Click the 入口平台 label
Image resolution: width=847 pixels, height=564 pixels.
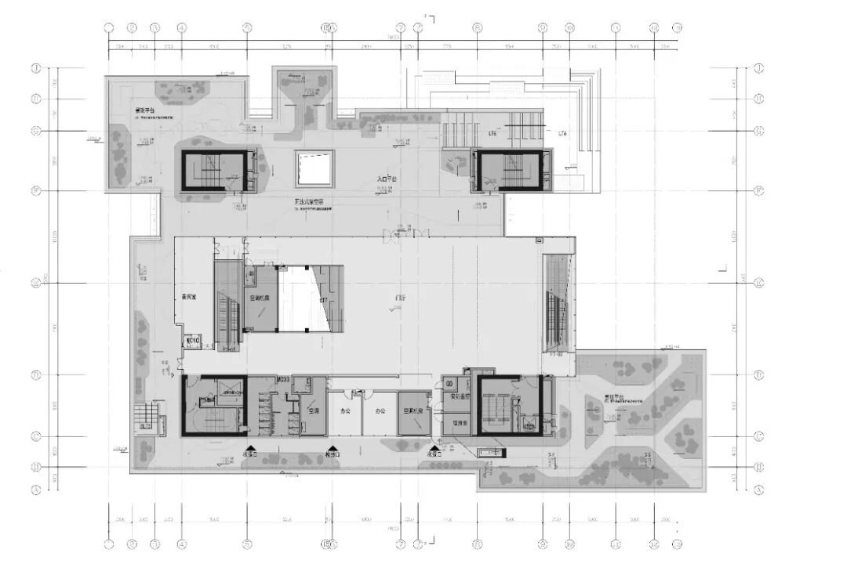click(387, 179)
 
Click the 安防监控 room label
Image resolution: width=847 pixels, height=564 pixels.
click(459, 396)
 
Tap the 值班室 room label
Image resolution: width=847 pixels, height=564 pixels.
click(460, 421)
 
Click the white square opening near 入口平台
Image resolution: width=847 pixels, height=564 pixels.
click(314, 167)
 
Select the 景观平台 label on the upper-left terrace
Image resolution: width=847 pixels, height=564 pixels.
click(144, 110)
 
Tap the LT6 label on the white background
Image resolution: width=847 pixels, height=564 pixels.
click(563, 134)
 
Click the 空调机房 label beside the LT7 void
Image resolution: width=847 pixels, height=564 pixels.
click(260, 298)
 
